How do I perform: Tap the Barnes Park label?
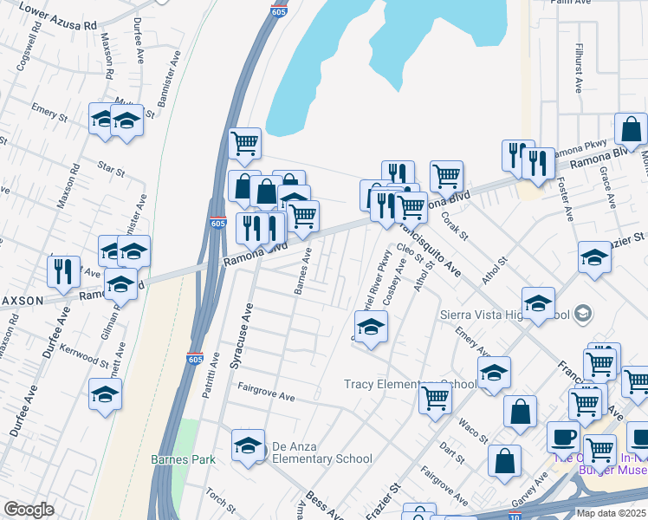point(182,459)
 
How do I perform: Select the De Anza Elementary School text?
point(322,453)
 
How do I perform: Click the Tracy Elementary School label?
point(410,384)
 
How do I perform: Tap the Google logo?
point(29,510)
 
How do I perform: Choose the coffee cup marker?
point(563,436)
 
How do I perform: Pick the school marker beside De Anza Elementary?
point(248,445)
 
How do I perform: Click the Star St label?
point(111,165)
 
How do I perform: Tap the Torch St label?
point(215,499)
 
